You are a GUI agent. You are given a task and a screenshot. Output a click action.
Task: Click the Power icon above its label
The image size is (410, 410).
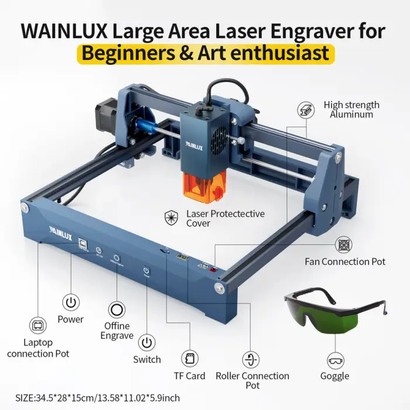tap(71, 302)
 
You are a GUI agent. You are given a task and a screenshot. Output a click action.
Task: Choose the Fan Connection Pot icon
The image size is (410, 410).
tap(344, 245)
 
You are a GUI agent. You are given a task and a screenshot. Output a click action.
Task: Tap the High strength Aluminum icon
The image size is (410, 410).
tap(305, 110)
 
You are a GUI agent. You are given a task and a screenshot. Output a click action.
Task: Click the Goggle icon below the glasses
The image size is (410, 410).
tap(334, 358)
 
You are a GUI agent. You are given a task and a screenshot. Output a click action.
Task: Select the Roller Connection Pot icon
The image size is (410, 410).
tap(252, 358)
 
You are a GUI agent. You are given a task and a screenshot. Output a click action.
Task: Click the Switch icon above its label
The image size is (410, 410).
tap(148, 341)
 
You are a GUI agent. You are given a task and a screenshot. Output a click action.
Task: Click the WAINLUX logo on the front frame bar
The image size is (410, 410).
tap(59, 223)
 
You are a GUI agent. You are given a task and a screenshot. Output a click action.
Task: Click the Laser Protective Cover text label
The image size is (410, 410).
tap(225, 218)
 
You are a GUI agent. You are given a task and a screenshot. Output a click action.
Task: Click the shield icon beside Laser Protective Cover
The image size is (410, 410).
tap(171, 218)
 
